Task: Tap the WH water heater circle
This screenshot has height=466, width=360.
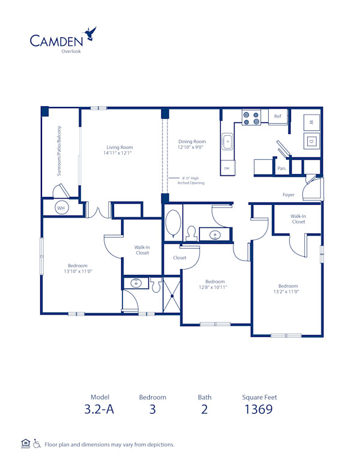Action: [x=61, y=207]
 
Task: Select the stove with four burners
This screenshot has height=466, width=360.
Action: [x=251, y=118]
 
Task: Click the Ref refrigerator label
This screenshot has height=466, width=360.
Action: [x=278, y=116]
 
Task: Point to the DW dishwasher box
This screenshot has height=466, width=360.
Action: [x=227, y=169]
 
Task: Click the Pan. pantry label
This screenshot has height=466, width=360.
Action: [x=281, y=169]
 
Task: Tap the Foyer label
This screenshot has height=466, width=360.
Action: [x=289, y=195]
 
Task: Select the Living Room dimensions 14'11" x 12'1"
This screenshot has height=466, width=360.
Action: [x=120, y=153]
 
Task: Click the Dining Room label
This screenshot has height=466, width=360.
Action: [x=192, y=142]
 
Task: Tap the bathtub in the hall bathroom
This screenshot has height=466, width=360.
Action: [x=173, y=223]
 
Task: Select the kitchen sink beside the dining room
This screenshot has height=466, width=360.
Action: [x=228, y=143]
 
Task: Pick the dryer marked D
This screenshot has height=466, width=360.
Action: [x=311, y=142]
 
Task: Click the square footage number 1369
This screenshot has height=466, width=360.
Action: [x=259, y=410]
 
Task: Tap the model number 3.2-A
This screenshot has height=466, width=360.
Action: [x=99, y=410]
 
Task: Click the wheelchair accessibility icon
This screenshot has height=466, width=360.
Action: [x=37, y=444]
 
